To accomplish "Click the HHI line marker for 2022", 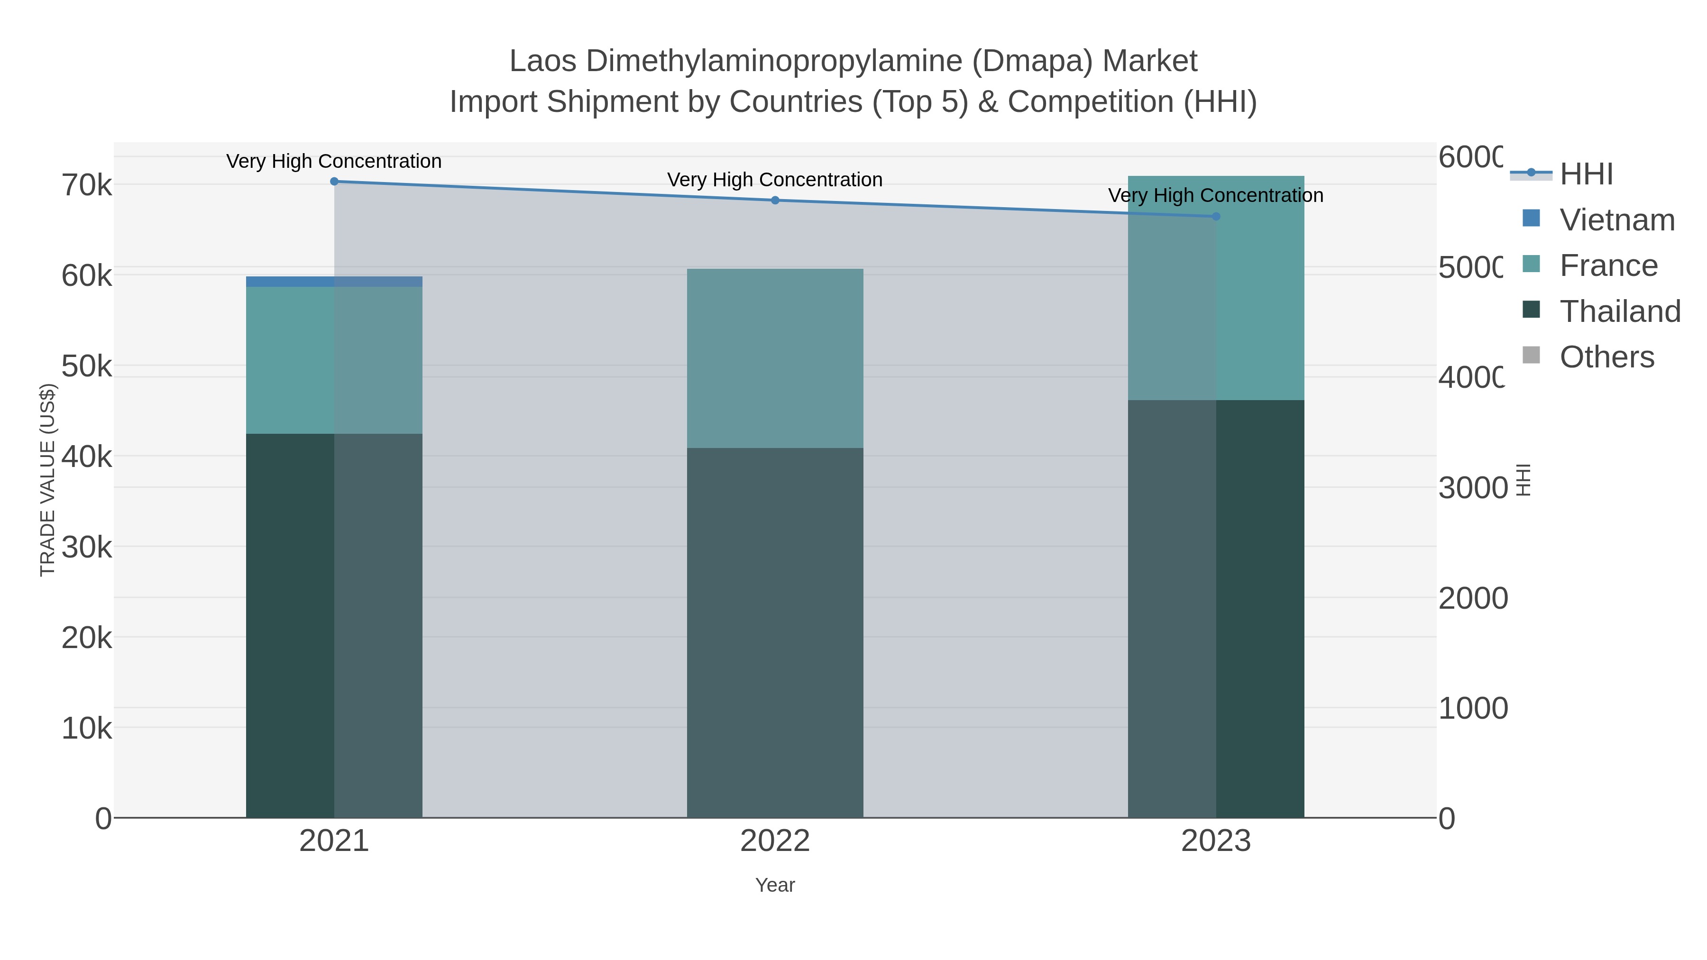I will coord(775,200).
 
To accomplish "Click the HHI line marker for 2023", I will coord(1215,217).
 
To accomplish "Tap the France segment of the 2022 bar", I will coord(775,358).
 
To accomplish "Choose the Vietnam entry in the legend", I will coord(1617,220).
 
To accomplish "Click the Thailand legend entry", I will coord(1620,311).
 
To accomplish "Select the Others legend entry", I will coord(1606,357).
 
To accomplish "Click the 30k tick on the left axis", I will coord(87,548).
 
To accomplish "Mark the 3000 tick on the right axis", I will coord(1472,488).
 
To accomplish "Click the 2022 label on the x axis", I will coord(775,841).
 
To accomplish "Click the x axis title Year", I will coord(775,885).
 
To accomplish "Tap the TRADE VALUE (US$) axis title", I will coord(48,480).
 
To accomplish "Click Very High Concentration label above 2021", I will coord(334,161).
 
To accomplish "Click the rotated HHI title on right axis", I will coord(1523,480).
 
